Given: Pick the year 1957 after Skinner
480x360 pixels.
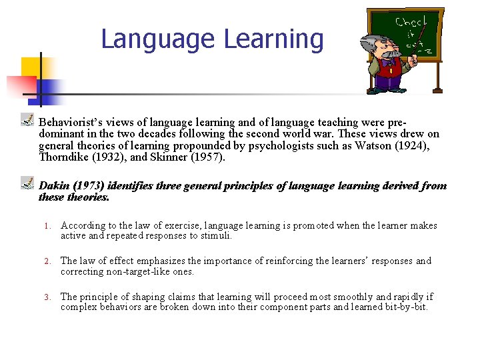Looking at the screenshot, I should tap(207, 158).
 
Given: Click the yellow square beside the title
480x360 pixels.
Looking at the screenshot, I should tap(31, 67).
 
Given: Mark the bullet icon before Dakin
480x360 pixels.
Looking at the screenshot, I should tap(27, 182).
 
